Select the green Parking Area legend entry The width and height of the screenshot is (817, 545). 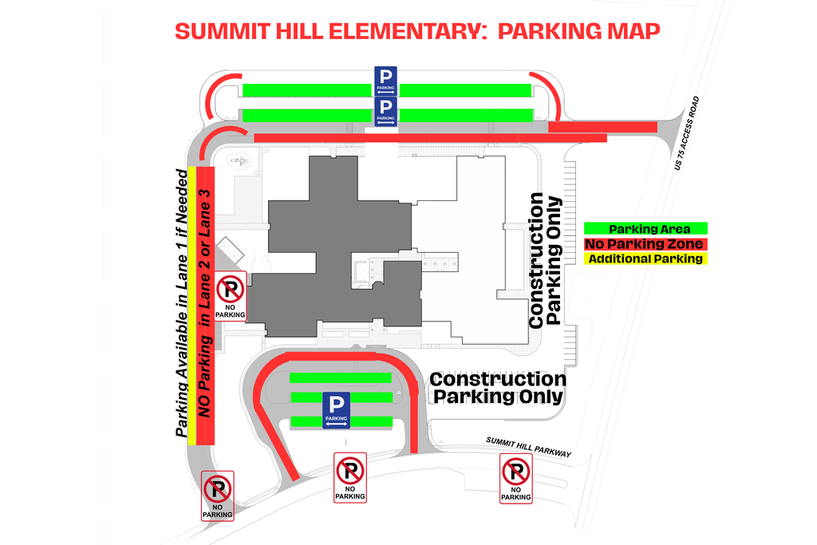click(645, 229)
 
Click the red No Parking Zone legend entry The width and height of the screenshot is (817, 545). click(645, 243)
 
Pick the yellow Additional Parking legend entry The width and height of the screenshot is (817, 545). click(645, 259)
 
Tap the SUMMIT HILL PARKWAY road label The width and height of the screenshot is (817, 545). click(529, 447)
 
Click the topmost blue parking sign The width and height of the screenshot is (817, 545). click(385, 81)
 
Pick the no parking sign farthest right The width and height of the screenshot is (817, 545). click(515, 478)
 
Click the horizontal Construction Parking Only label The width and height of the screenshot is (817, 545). click(498, 388)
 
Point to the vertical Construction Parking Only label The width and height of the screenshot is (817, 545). click(546, 259)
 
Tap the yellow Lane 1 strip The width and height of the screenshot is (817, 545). click(191, 303)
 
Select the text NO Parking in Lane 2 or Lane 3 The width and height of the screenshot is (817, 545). click(205, 303)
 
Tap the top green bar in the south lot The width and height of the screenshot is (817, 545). click(340, 377)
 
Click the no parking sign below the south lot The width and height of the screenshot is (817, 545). click(350, 477)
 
